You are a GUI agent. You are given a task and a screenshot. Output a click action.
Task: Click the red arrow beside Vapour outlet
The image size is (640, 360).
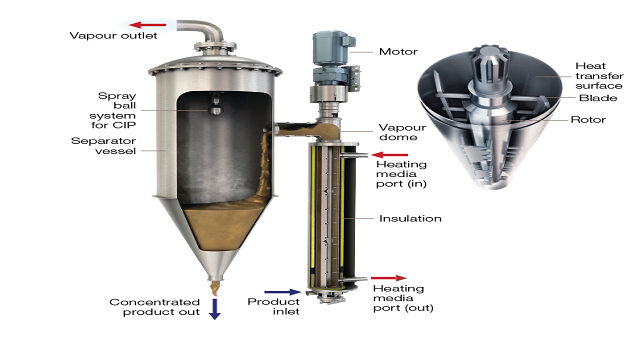148,25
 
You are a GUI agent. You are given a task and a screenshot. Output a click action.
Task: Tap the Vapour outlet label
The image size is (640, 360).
113,36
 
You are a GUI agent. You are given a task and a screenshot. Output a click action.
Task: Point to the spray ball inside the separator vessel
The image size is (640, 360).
216,109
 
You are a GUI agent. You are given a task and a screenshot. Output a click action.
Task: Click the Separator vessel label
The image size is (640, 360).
104,146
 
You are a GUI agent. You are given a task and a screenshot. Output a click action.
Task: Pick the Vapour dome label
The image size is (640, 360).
402,132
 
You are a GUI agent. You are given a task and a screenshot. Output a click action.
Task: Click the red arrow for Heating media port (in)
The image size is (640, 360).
390,155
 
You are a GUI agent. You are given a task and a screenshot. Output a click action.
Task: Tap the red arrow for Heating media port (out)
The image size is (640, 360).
389,278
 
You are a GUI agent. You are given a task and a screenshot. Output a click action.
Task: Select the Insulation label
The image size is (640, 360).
410,219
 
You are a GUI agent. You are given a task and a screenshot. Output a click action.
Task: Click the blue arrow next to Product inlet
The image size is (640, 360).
283,292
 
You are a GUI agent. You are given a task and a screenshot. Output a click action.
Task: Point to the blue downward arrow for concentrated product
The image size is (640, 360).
215,309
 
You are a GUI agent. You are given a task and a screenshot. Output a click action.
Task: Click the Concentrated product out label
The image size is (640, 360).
155,307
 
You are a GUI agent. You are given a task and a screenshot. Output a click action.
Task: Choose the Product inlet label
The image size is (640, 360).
273,307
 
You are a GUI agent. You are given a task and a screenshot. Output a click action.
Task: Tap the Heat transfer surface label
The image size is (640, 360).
599,76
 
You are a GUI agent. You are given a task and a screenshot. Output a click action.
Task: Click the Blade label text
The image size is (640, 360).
598,98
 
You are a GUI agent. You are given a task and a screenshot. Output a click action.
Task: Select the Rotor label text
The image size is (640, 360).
588,120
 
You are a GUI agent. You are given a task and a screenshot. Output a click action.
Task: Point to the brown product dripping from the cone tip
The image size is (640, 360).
215,287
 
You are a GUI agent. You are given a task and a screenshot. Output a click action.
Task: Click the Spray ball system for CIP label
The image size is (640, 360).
113,110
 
